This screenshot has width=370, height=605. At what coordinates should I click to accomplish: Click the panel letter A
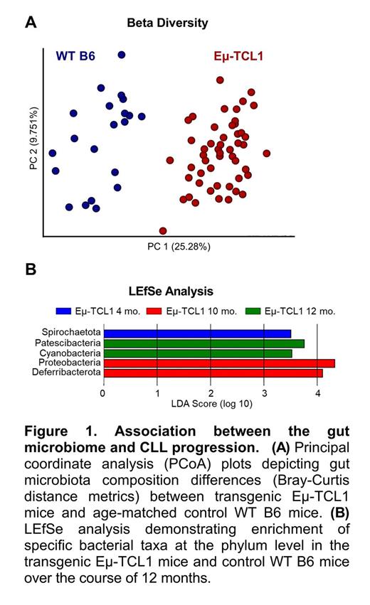(30, 22)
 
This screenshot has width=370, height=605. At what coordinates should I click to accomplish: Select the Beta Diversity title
(167, 23)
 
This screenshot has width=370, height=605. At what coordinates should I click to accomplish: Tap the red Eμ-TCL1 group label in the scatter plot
(239, 55)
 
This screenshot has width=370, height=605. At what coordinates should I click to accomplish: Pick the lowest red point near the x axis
(164, 230)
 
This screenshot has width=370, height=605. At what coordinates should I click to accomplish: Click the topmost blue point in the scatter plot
(122, 55)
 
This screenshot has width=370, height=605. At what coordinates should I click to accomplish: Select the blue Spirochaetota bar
(197, 333)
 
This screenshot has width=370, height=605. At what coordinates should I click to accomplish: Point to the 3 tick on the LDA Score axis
(264, 391)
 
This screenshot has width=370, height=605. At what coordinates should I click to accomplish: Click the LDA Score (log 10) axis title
(211, 403)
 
